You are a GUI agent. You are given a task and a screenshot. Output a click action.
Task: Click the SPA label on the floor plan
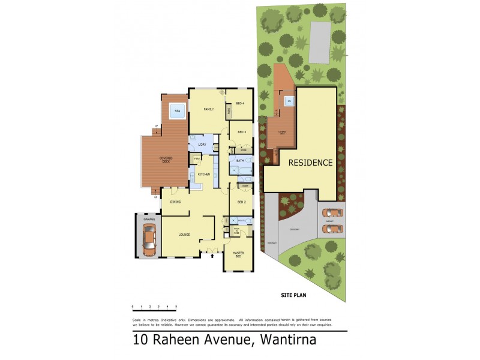coord(177,112)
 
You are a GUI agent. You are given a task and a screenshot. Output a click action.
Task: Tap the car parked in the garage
coord(148,238)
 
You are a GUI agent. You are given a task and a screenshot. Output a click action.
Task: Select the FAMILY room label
coord(209,109)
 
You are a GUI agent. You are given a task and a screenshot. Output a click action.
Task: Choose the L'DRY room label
coord(202,145)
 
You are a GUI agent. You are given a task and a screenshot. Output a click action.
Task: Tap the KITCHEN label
coord(204,174)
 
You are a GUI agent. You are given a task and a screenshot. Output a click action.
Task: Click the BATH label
coord(240,161)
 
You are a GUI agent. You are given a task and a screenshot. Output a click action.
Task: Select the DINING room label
coord(175,202)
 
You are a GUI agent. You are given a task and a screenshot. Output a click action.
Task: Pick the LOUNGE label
coord(184,234)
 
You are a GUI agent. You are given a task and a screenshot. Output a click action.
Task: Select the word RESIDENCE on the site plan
coord(310,163)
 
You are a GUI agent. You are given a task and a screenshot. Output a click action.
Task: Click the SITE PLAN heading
coord(293,296)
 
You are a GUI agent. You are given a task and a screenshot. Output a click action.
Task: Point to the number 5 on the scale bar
coord(176,307)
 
